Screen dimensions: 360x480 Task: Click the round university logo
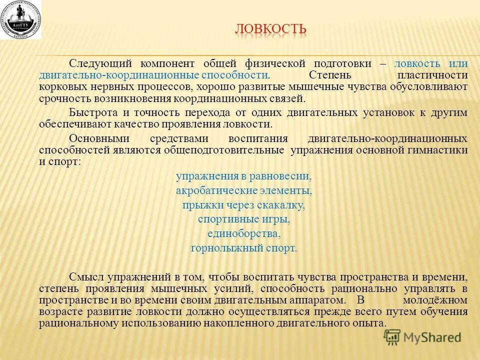21,20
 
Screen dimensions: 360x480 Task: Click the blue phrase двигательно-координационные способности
153,75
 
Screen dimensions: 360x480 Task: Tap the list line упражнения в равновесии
243,176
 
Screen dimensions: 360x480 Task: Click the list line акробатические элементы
243,190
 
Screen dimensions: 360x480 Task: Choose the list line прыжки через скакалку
243,205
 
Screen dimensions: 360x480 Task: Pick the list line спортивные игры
243,219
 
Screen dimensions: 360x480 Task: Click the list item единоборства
243,233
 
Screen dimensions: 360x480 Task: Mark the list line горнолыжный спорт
243,248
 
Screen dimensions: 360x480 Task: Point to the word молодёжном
435,300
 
